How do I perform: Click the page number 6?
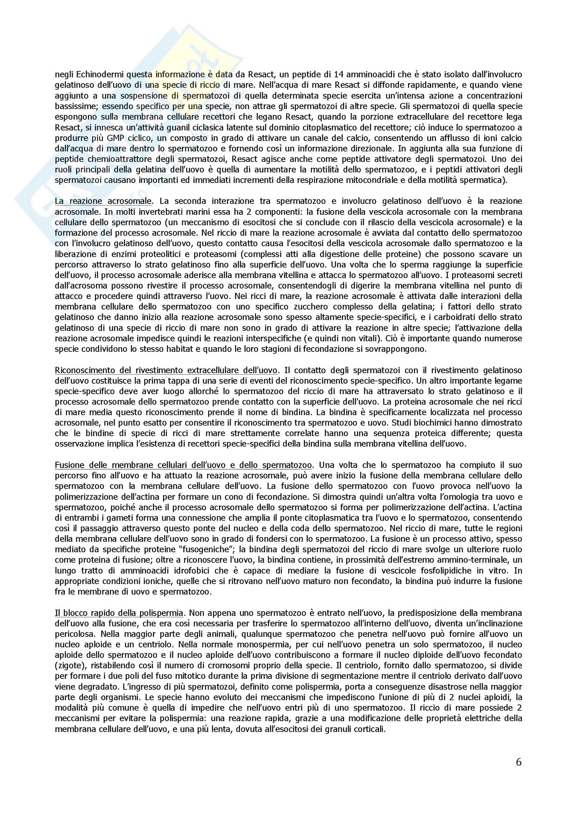(519, 761)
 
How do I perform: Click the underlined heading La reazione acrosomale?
(103, 201)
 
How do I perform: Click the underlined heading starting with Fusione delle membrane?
(183, 465)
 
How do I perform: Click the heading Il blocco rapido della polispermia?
(119, 613)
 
